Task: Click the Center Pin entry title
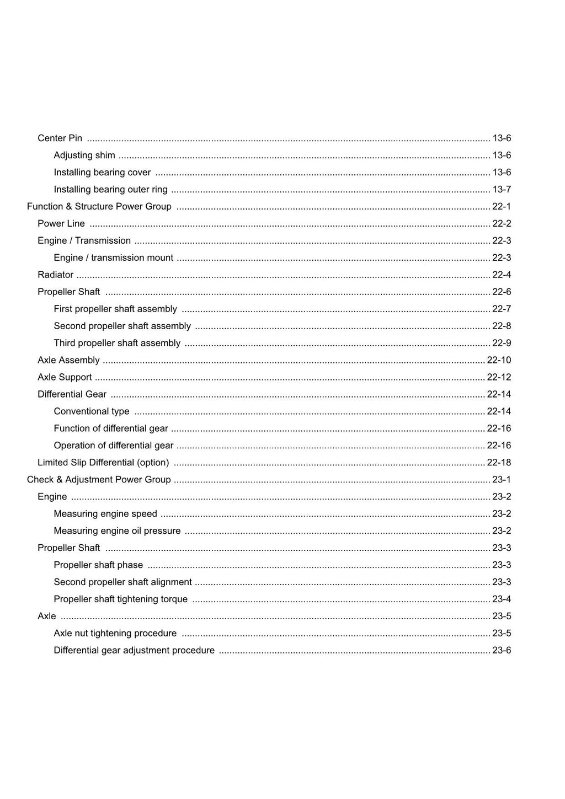click(60, 138)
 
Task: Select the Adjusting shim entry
click(84, 155)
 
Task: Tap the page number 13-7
click(502, 189)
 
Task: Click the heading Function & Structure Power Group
click(99, 206)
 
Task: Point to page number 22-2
click(502, 223)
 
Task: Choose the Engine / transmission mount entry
click(113, 258)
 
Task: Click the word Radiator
click(55, 275)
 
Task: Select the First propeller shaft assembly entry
click(115, 309)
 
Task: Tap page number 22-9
click(502, 343)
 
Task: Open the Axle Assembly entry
click(68, 360)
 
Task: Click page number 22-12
click(499, 377)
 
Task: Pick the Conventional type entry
click(92, 411)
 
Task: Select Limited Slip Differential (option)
click(103, 463)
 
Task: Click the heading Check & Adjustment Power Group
click(99, 480)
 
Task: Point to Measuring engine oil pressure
click(117, 531)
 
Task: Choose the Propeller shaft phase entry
click(98, 565)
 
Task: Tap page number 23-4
click(502, 599)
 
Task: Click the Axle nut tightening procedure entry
click(115, 634)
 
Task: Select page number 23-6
click(502, 651)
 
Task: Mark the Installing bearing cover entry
click(102, 172)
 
